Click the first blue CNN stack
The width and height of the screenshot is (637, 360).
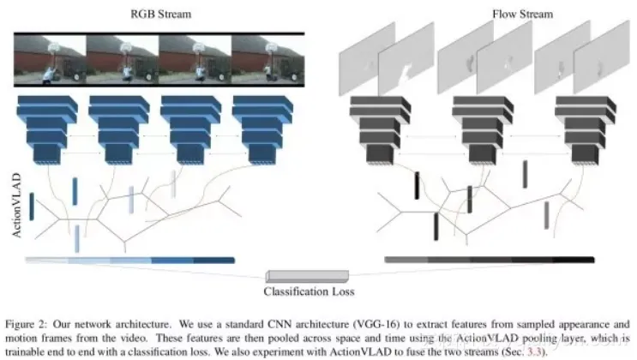pos(46,129)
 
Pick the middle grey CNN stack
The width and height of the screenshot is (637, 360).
pos(466,129)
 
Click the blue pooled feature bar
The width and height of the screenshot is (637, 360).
pos(129,260)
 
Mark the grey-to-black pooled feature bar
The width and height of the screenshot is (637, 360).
pos(490,260)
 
